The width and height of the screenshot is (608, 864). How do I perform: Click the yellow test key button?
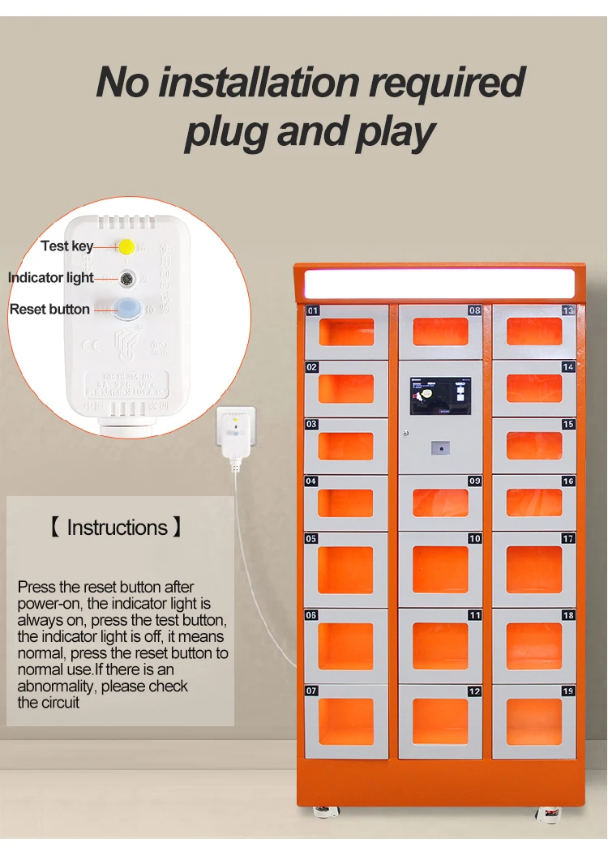(x=126, y=246)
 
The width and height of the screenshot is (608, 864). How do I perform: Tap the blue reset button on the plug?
(x=126, y=308)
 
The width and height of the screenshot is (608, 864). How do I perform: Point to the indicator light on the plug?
(x=126, y=278)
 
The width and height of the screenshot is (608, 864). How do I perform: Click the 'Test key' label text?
(x=67, y=246)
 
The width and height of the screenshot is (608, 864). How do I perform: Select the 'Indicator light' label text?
(x=51, y=278)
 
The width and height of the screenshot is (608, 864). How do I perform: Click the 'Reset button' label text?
(x=49, y=309)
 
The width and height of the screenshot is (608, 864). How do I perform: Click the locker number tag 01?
(x=313, y=310)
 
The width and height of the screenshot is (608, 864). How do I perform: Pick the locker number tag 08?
(x=474, y=310)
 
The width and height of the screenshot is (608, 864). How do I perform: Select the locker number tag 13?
(x=568, y=310)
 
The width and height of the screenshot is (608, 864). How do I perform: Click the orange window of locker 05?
(x=345, y=570)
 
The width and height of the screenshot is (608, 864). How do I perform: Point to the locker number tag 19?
(x=568, y=691)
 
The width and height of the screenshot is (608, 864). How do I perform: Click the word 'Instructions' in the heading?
(x=117, y=528)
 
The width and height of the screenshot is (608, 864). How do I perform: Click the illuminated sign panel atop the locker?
(x=439, y=284)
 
